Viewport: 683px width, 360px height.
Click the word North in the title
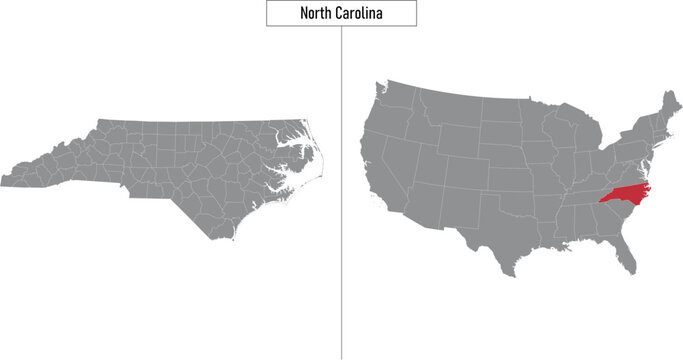tap(317, 14)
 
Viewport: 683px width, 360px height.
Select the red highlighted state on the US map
tap(622, 192)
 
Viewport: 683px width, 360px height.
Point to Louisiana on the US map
tap(548, 240)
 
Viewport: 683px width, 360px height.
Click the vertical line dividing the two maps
tap(341, 200)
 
